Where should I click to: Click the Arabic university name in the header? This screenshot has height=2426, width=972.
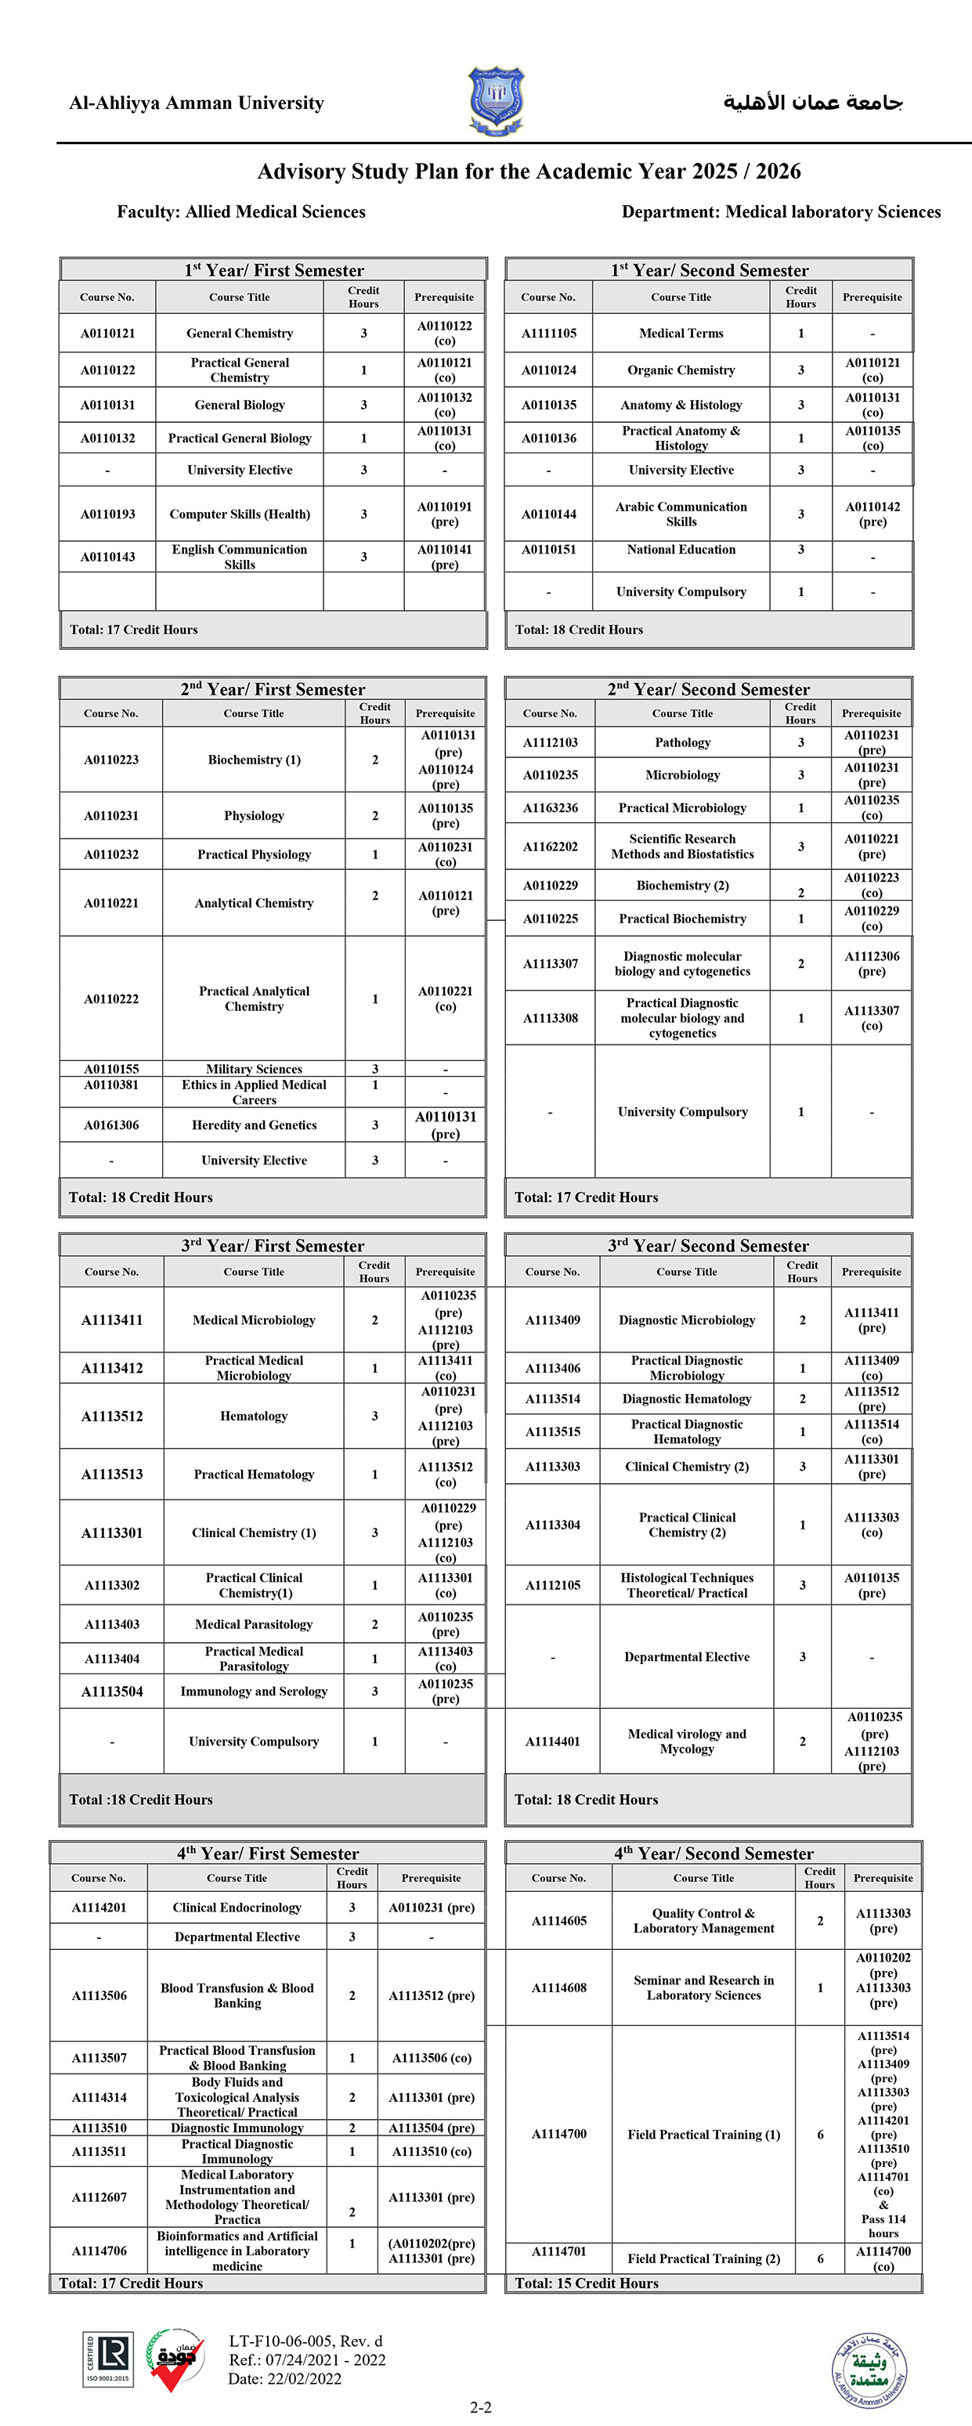pyautogui.click(x=812, y=103)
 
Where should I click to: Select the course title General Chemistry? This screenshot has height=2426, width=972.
pyautogui.click(x=239, y=334)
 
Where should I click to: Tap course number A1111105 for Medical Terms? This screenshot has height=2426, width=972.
pyautogui.click(x=549, y=334)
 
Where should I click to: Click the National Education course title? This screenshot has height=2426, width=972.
pyautogui.click(x=681, y=550)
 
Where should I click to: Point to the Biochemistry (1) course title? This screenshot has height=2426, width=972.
pyautogui.click(x=255, y=760)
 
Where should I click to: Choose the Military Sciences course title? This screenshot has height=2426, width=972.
pyautogui.click(x=255, y=1069)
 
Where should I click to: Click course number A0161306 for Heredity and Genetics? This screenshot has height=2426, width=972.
pyautogui.click(x=111, y=1125)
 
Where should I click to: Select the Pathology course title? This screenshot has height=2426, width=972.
pyautogui.click(x=683, y=743)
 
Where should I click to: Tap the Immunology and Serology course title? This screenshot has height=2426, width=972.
pyautogui.click(x=255, y=1691)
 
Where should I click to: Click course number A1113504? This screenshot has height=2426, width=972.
pyautogui.click(x=112, y=1691)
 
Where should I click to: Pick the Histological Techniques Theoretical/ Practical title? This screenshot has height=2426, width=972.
pyautogui.click(x=687, y=1585)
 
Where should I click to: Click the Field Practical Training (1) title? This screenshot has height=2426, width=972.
pyautogui.click(x=703, y=2135)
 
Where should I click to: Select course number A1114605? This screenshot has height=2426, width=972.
pyautogui.click(x=558, y=1921)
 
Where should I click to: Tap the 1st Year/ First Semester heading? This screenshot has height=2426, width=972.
pyautogui.click(x=274, y=270)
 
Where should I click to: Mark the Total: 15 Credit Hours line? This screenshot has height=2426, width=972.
pyautogui.click(x=587, y=2283)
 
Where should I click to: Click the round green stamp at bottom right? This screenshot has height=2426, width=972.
pyautogui.click(x=869, y=2370)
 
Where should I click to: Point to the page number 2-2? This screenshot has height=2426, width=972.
pyautogui.click(x=480, y=2407)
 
